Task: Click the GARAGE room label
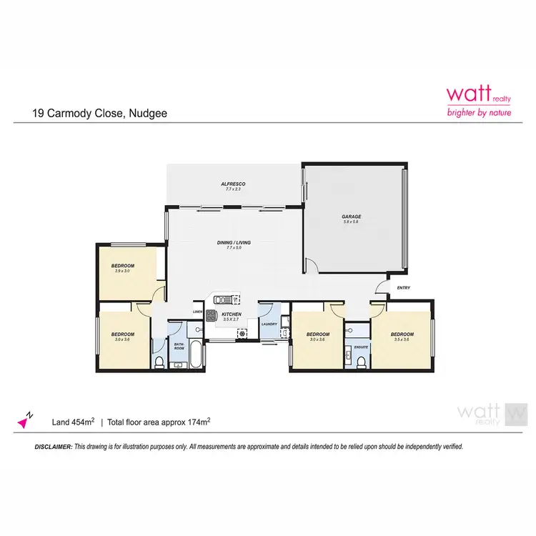351,216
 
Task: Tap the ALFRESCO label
233,184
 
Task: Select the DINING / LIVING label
234,243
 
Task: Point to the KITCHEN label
232,314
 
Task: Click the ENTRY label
403,289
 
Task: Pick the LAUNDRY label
269,324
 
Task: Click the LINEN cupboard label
197,312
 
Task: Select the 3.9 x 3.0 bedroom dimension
124,271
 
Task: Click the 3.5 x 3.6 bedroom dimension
402,339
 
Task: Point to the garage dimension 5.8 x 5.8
351,222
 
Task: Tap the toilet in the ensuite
362,364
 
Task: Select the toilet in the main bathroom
160,363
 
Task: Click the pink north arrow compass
25,420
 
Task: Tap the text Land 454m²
74,422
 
